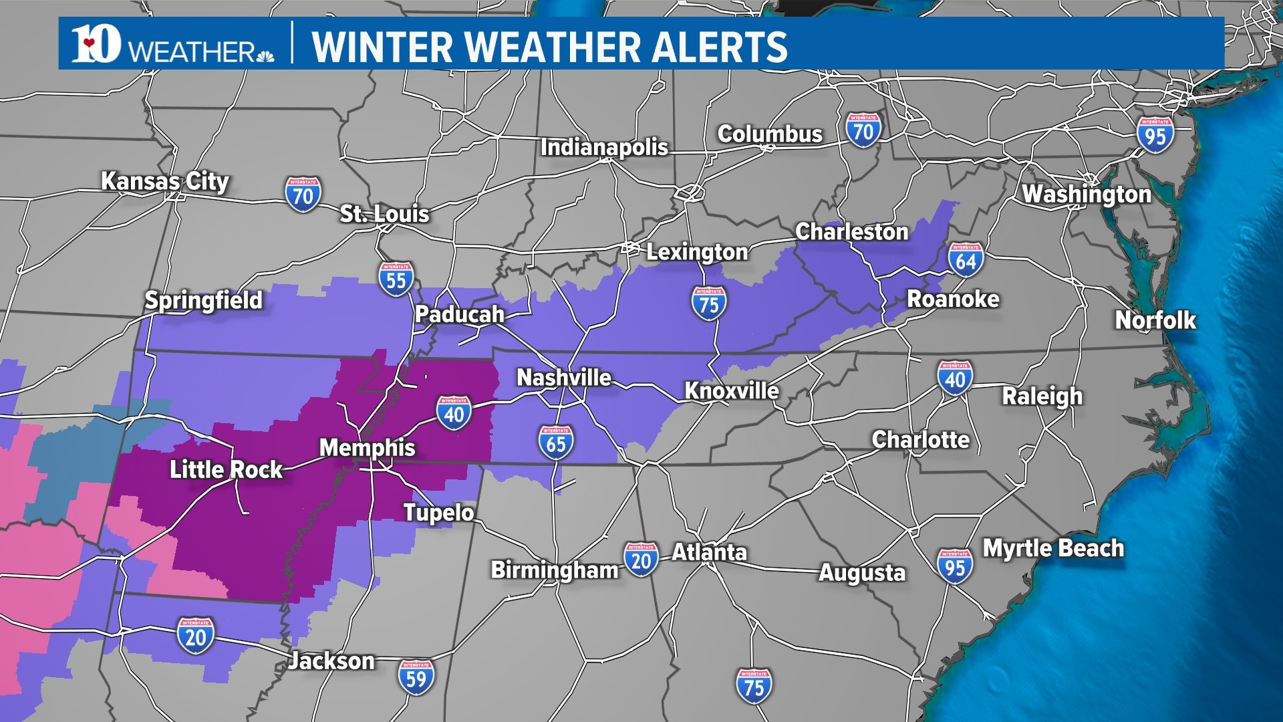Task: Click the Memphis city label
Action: [367, 447]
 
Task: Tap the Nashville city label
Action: [563, 378]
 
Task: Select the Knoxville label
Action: [732, 391]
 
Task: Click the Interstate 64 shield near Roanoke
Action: [966, 260]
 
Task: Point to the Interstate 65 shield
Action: [556, 443]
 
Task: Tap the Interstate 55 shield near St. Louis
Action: [396, 279]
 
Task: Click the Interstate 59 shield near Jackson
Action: [416, 677]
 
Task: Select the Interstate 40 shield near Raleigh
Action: [955, 378]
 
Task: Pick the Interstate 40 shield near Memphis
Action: [454, 413]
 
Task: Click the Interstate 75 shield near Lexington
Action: [708, 304]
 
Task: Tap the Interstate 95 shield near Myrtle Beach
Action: [954, 566]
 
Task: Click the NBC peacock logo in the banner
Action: [265, 55]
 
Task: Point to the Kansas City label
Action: [164, 181]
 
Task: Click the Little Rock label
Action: [226, 469]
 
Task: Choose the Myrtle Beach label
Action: [1053, 548]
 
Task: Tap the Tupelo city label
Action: [438, 513]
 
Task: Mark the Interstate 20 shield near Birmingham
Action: [641, 560]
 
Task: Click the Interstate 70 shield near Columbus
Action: [863, 130]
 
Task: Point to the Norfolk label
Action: [1155, 320]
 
